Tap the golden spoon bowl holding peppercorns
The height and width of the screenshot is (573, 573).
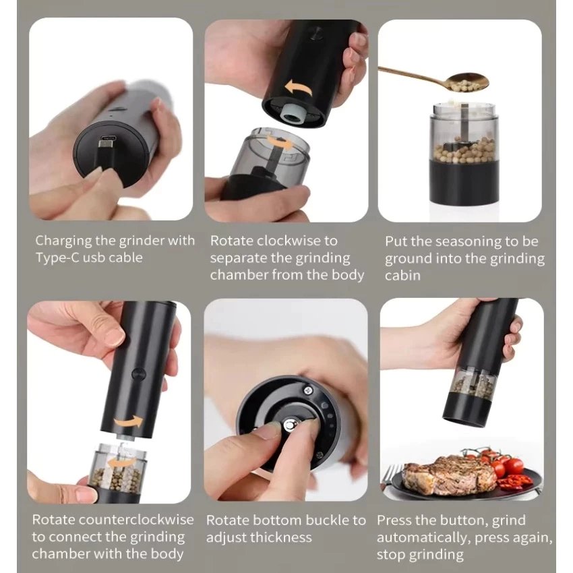pyautogui.click(x=466, y=82)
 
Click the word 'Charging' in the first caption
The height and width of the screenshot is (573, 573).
pyautogui.click(x=63, y=241)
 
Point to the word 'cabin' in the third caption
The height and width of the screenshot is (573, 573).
pyautogui.click(x=402, y=275)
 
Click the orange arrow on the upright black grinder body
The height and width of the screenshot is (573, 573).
pyautogui.click(x=129, y=422)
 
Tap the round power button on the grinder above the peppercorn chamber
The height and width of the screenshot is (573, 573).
pyautogui.click(x=138, y=374)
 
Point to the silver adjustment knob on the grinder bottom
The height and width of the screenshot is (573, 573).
pyautogui.click(x=290, y=425)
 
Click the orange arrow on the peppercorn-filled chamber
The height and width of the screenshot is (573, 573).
pyautogui.click(x=120, y=462)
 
